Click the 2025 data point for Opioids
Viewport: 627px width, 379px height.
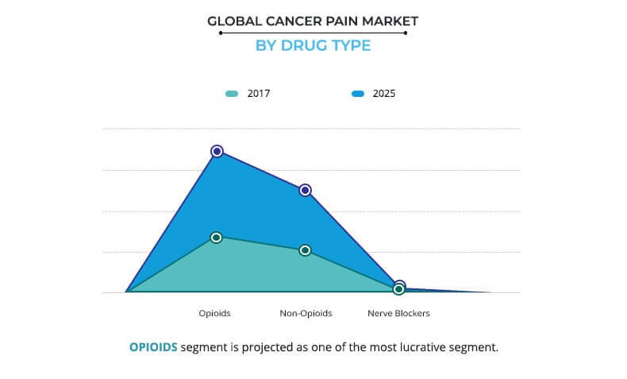[217, 151]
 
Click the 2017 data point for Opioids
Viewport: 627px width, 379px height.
[217, 237]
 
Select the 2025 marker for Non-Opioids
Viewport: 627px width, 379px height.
[305, 191]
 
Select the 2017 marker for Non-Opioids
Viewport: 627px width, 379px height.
[305, 250]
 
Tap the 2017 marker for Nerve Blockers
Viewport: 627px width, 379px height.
[399, 290]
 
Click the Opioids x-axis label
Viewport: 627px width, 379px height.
[214, 313]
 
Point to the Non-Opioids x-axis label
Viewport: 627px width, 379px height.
[306, 313]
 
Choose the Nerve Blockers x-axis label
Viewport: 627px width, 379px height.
[398, 313]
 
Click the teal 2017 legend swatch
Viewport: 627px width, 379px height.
[232, 94]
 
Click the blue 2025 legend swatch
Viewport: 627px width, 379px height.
[358, 94]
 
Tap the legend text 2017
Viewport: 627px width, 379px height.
[259, 94]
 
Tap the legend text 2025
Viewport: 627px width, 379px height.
[384, 94]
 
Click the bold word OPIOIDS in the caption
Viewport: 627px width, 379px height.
[154, 347]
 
